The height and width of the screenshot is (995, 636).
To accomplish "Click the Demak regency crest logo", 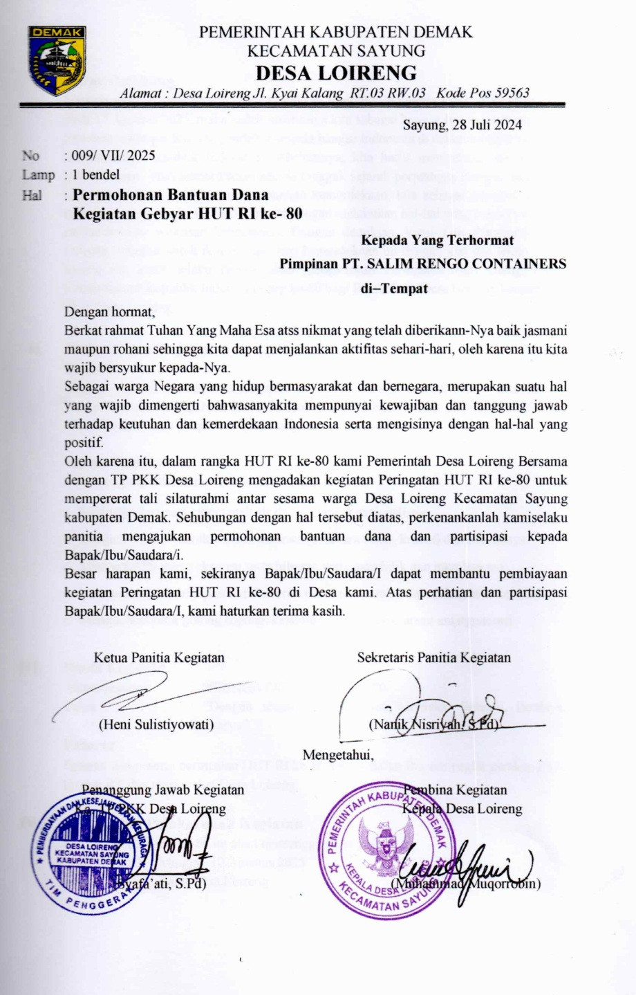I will (x=57, y=60).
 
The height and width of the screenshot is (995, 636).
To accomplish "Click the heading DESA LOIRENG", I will (x=336, y=73).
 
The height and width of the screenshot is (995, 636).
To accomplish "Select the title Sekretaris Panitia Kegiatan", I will (x=433, y=657).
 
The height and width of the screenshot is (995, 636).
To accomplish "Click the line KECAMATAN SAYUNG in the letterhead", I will (x=336, y=50).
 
